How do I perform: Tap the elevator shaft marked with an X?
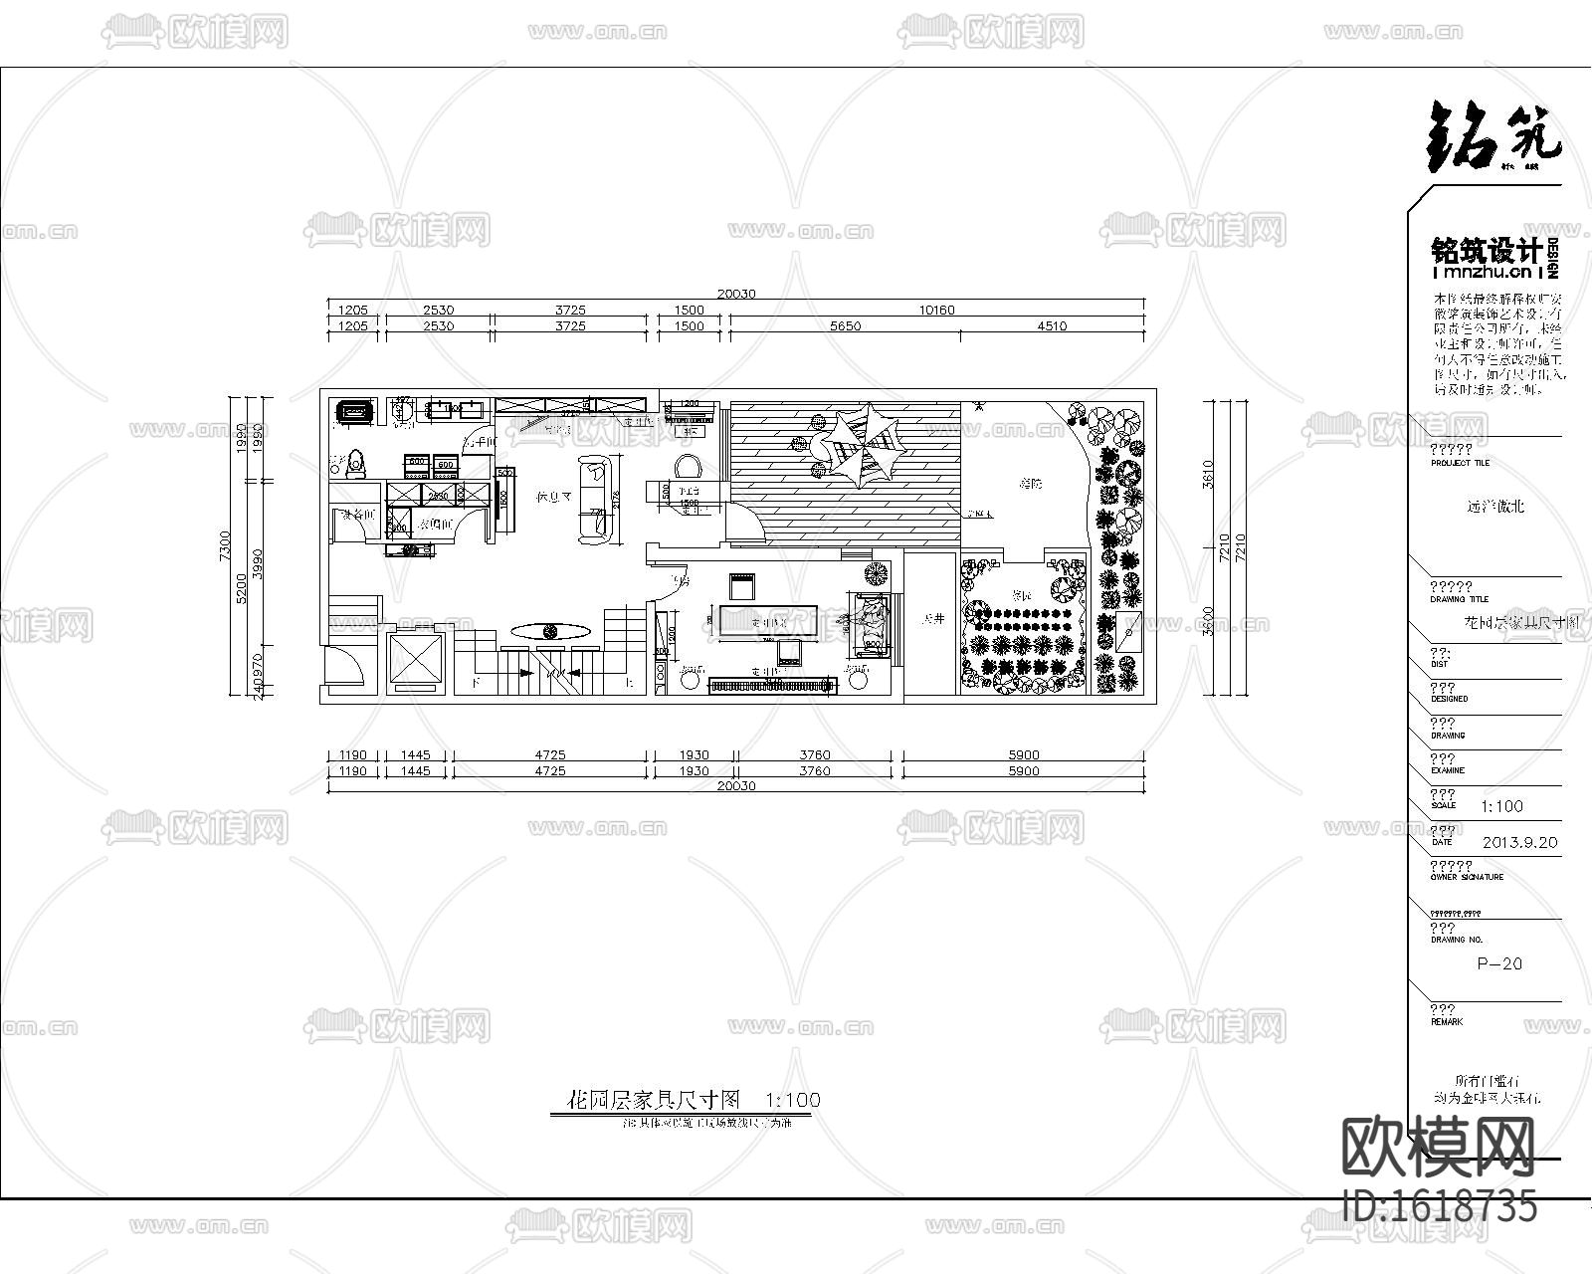pos(414,660)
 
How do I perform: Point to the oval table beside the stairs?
pos(550,630)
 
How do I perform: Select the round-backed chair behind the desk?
pos(689,467)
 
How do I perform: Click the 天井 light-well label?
pos(931,619)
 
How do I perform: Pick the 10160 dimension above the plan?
pos(935,310)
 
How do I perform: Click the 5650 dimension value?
pos(845,325)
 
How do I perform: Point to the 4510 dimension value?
pos(1052,325)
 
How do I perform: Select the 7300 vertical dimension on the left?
pos(225,545)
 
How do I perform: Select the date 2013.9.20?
pos(1518,842)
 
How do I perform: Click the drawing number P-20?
pos(1498,963)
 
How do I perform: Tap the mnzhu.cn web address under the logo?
pos(1485,272)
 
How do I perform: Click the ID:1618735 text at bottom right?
pos(1439,1206)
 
